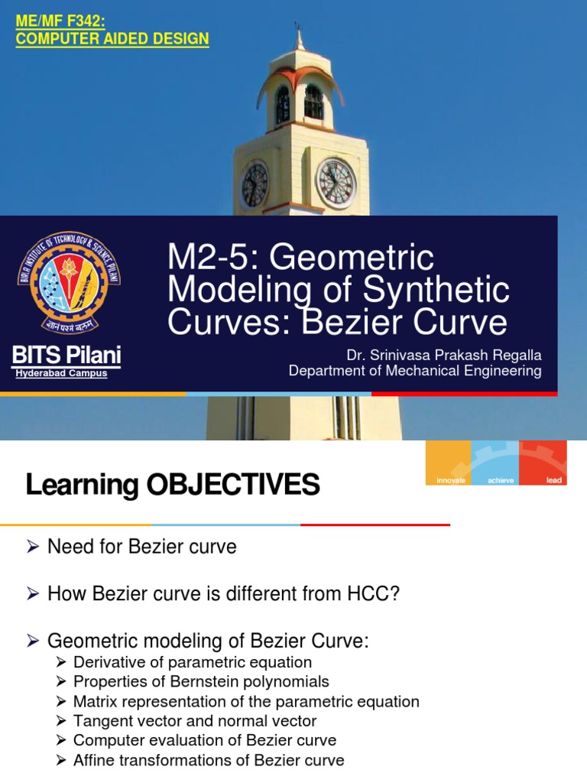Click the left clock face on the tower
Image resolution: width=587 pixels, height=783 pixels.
(255, 185)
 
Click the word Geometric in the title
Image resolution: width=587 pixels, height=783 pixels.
(352, 259)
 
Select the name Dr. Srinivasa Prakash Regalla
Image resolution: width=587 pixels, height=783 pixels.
(443, 355)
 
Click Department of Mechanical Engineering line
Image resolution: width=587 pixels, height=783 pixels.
(414, 371)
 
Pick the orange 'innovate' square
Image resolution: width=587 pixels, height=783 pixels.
(449, 463)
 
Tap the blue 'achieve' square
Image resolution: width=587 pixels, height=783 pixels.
(495, 463)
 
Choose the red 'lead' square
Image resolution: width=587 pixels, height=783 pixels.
(543, 463)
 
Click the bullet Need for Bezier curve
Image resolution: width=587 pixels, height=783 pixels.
(142, 547)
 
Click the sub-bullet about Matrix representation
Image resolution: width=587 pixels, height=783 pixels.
(246, 701)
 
